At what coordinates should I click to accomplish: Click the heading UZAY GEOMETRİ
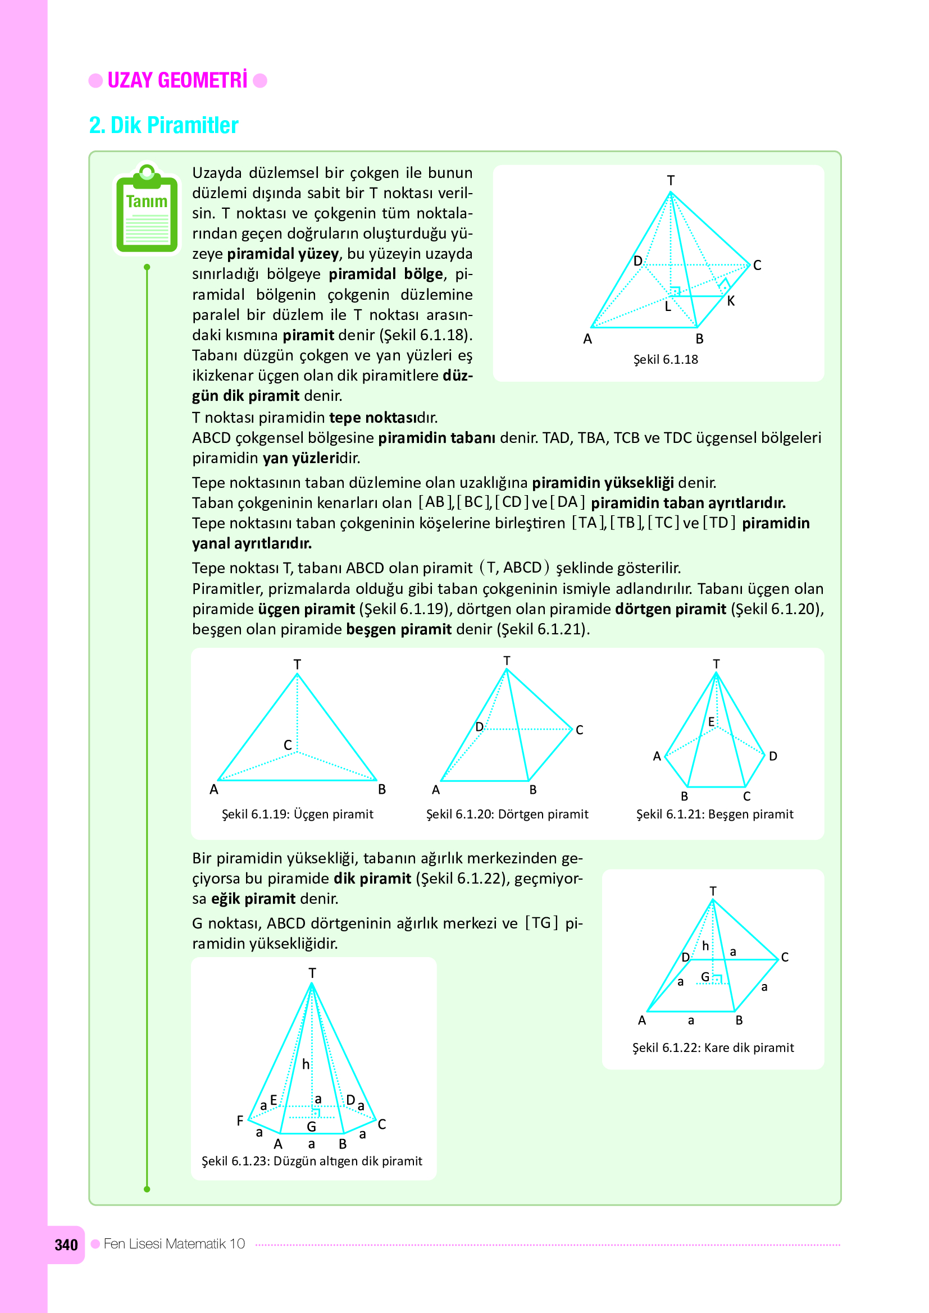tap(177, 81)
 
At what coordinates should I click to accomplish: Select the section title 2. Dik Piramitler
tap(163, 125)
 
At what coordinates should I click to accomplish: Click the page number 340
tap(66, 1245)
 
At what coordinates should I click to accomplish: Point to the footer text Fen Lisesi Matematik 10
tap(174, 1244)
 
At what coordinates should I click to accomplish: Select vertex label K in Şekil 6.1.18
tap(731, 301)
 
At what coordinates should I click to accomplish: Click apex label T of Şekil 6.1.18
tap(671, 180)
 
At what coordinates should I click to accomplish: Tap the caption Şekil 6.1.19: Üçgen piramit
tap(298, 814)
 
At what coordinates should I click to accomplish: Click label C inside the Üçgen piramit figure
tap(288, 745)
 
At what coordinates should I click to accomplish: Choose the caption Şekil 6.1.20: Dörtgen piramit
tap(507, 814)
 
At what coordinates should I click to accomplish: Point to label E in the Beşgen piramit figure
tap(711, 722)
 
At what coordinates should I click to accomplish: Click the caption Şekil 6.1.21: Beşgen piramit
tap(714, 814)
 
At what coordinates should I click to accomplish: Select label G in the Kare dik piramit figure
tap(705, 977)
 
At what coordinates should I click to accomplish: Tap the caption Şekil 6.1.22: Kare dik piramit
tap(713, 1047)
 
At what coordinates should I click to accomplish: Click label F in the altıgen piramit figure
tap(240, 1120)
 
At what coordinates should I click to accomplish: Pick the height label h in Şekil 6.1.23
tap(306, 1064)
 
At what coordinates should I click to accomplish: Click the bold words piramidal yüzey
tap(283, 254)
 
